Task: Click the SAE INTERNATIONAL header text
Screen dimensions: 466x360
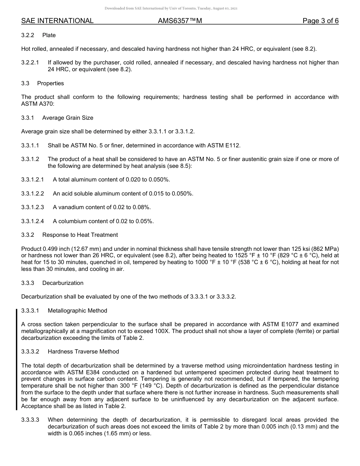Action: coord(57,21)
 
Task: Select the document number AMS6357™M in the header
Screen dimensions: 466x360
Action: coord(180,21)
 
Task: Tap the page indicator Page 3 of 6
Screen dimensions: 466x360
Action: coord(320,21)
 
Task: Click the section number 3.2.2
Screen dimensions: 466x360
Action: coord(28,35)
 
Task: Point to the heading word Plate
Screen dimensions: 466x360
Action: coord(49,35)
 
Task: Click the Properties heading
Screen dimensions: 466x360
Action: coord(50,83)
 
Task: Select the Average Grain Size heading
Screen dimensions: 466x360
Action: coord(67,118)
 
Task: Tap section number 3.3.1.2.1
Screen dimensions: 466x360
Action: coord(33,180)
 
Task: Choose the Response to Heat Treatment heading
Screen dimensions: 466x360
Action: coord(80,235)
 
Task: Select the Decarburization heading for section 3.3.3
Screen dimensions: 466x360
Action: coord(63,283)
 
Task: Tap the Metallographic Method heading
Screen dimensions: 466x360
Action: coord(77,311)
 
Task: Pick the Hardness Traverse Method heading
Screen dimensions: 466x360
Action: coord(83,352)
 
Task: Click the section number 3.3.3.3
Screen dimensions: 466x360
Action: coord(30,420)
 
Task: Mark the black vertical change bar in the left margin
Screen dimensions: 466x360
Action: coord(16,360)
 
